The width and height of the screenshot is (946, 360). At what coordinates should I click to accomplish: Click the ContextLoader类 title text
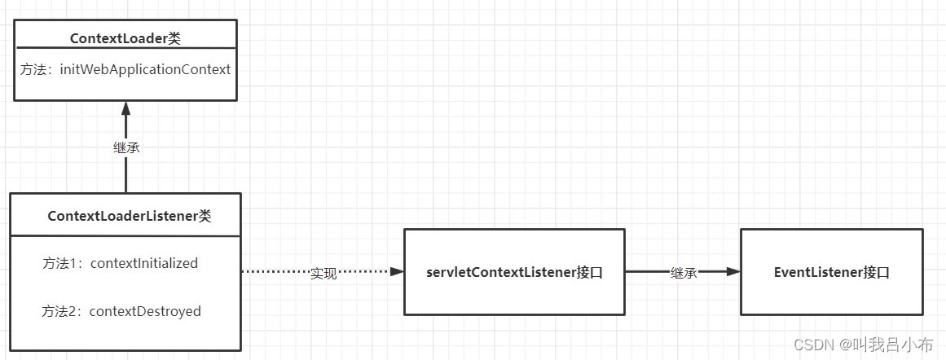[x=125, y=38]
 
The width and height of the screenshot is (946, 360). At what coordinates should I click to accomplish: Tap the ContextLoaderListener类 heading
[x=130, y=216]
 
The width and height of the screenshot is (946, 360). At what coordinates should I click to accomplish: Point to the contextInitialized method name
[x=144, y=263]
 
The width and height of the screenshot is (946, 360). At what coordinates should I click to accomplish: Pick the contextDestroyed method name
[x=145, y=311]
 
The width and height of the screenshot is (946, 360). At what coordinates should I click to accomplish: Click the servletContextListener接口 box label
[x=514, y=273]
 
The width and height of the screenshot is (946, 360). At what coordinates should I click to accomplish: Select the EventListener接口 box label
[x=831, y=273]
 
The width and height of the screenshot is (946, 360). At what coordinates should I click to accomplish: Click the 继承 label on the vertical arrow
[x=125, y=147]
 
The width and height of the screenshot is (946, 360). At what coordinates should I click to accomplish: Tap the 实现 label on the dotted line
[x=323, y=273]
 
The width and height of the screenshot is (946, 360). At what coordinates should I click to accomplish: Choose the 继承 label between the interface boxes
[x=683, y=273]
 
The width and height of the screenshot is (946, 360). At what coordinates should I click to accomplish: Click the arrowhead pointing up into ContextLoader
[x=125, y=108]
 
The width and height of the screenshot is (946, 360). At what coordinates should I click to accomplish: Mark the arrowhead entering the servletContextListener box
[x=398, y=273]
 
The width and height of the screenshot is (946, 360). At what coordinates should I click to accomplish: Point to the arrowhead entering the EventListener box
[x=733, y=273]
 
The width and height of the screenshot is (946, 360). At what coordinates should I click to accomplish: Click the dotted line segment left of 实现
[x=275, y=273]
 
